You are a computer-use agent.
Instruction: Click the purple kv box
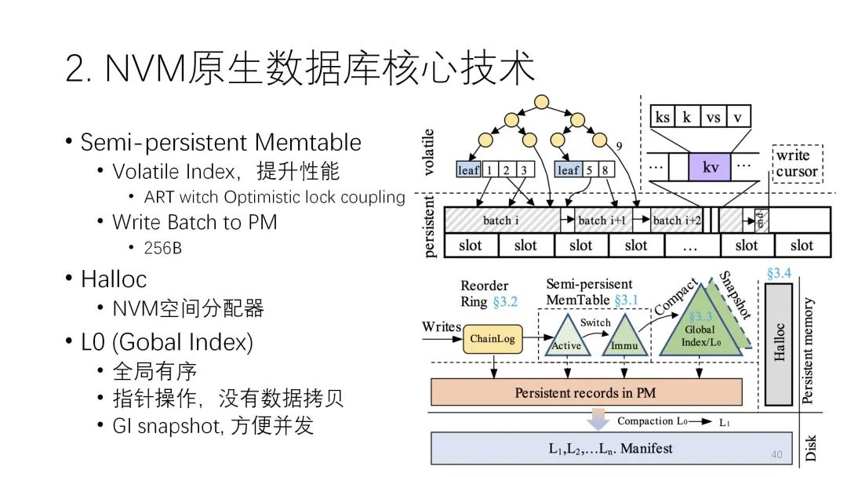click(x=709, y=167)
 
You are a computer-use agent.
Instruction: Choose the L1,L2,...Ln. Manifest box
click(x=600, y=449)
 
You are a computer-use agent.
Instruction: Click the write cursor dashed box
click(x=797, y=164)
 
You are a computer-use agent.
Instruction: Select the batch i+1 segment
click(x=602, y=220)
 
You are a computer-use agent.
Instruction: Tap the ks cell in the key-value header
click(x=663, y=118)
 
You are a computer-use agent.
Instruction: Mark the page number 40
click(x=777, y=454)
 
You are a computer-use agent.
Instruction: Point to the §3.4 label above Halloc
click(x=779, y=273)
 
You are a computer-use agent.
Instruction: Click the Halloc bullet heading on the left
click(x=114, y=279)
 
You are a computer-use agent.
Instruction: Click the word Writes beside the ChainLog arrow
click(x=442, y=326)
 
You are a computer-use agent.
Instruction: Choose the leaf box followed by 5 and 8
click(x=568, y=169)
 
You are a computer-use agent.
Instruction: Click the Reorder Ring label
click(x=485, y=293)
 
